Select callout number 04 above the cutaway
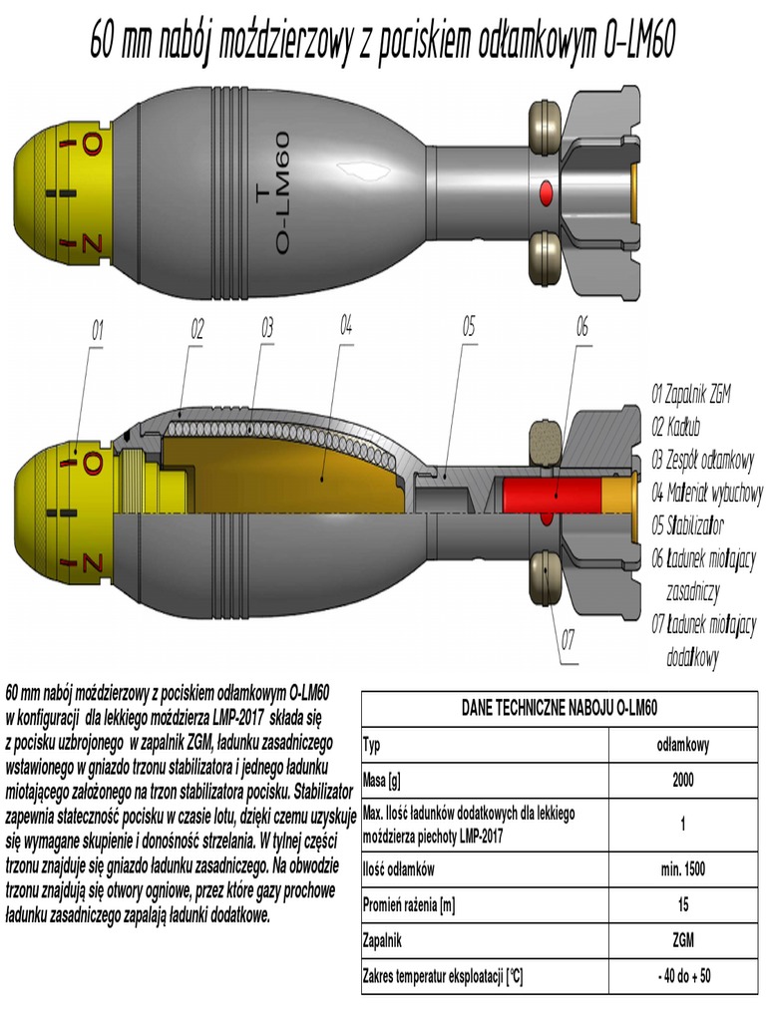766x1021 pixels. click(x=346, y=324)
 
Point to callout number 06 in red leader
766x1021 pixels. click(x=582, y=326)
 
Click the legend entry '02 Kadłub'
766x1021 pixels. click(x=679, y=427)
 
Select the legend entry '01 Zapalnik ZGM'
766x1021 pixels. click(x=691, y=394)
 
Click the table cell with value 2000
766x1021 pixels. click(x=683, y=779)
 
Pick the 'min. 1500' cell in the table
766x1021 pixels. click(x=683, y=868)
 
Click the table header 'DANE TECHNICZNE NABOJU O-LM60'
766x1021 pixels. click(x=564, y=707)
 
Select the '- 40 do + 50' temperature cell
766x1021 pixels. click(x=683, y=974)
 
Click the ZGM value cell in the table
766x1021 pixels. click(x=683, y=939)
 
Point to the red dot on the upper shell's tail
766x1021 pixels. click(x=546, y=189)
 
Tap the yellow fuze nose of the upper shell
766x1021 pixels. click(x=60, y=196)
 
